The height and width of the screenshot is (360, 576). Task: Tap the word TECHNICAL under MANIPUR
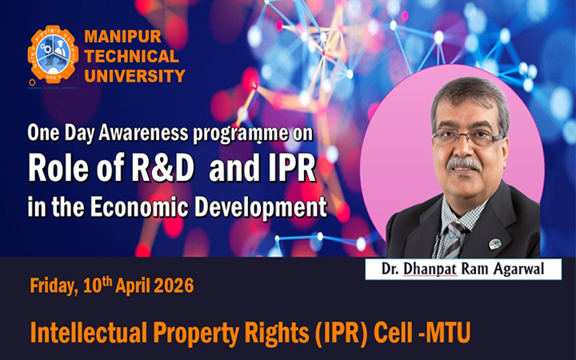point(131,56)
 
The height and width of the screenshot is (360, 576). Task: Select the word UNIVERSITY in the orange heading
point(134,76)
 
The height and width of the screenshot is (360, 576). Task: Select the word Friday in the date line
point(53,287)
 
